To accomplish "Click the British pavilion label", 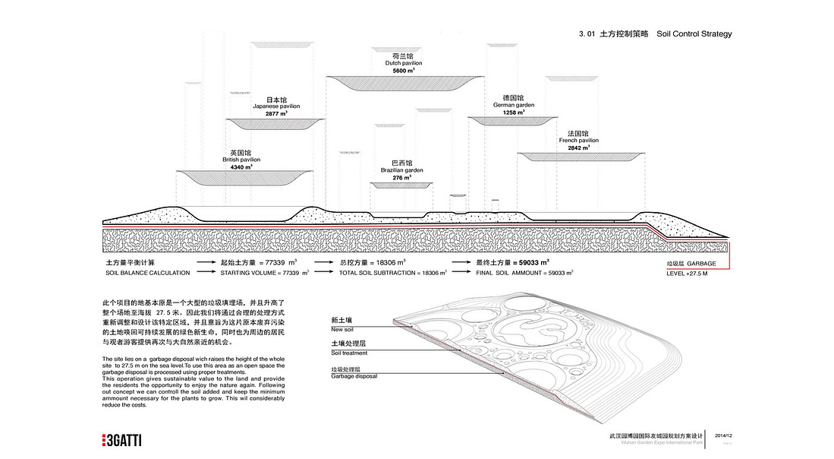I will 241,160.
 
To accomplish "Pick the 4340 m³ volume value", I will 241,166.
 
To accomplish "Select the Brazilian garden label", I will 402,170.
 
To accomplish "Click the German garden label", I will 514,105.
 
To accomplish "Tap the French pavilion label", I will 579,141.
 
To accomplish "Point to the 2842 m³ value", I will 579,147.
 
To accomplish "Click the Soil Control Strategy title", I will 694,34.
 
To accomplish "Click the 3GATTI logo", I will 122,440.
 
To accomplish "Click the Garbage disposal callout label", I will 354,376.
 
